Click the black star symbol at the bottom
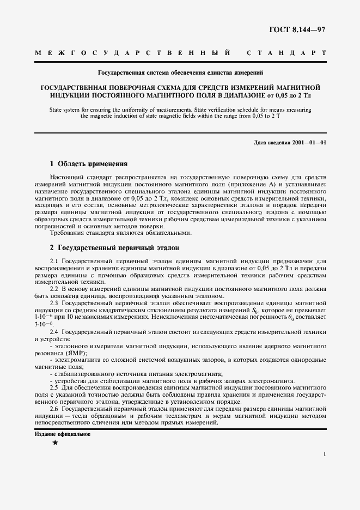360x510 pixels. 54,443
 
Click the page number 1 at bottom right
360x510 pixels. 325,454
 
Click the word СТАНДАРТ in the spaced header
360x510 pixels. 286,53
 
